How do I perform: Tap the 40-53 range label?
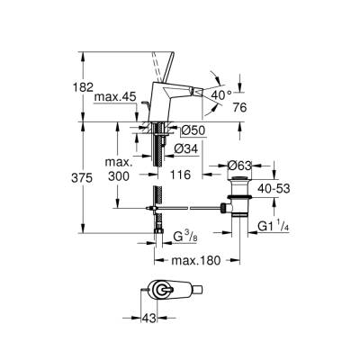(x=274, y=189)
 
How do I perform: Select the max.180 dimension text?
(x=197, y=261)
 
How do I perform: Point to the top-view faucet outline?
(x=170, y=292)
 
